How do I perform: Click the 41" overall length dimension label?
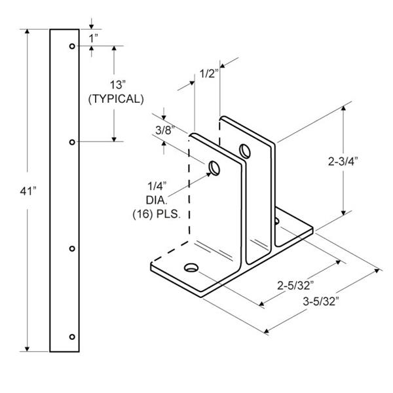(28, 191)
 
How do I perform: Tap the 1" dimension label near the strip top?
(94, 39)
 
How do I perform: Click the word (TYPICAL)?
(116, 99)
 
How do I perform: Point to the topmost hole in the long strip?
(72, 46)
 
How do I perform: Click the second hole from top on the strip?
(72, 142)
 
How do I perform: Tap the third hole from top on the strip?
(72, 249)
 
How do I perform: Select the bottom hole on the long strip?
(72, 337)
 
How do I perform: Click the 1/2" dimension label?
(210, 73)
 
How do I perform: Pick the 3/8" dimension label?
(165, 130)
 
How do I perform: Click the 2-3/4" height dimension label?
(343, 162)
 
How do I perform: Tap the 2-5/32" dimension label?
(295, 286)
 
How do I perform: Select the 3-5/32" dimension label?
(321, 301)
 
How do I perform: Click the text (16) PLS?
(157, 215)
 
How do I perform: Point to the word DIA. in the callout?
(157, 200)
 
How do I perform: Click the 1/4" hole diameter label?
(157, 186)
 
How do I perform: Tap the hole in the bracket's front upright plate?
(215, 168)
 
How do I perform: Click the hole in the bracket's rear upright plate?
(245, 151)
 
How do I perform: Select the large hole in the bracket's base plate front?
(191, 267)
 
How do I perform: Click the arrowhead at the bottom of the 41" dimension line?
(27, 348)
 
